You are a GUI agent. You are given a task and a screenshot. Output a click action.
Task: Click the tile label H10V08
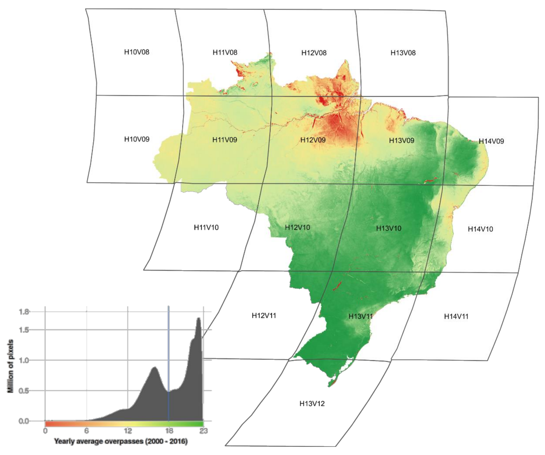pos(137,52)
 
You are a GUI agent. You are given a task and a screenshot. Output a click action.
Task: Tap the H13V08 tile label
pos(403,53)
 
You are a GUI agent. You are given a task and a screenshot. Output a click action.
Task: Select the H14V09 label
pos(491,141)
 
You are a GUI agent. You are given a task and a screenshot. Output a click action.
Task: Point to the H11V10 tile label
pos(206,227)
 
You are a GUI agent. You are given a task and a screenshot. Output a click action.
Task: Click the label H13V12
pos(312,404)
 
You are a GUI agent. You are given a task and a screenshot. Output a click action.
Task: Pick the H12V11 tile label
pos(264,316)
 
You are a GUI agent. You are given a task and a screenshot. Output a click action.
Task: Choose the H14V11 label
pos(456,316)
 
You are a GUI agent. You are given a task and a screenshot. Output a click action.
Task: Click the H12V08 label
pos(314,53)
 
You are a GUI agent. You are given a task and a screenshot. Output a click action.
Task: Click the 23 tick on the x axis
pos(204,431)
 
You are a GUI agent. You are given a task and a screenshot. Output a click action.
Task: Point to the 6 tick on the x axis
pos(86,431)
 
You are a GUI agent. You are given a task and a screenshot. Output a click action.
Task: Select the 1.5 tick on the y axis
pos(24,330)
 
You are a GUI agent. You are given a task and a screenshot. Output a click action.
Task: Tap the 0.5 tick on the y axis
pos(24,391)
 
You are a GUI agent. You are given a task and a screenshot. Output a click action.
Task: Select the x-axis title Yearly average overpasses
pos(121,441)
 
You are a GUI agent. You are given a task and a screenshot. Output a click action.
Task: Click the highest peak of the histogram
pos(199,318)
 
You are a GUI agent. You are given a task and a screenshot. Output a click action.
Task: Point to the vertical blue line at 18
pos(169,364)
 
